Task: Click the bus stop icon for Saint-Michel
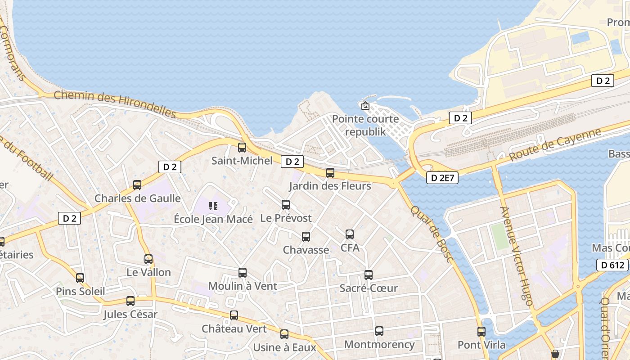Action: click(x=242, y=147)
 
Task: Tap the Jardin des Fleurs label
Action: click(x=330, y=186)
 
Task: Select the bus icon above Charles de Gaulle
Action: click(x=137, y=185)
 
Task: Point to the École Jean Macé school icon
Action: click(x=213, y=206)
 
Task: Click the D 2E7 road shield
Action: click(x=442, y=178)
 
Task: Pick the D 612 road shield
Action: click(x=613, y=265)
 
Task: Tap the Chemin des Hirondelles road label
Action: click(x=115, y=103)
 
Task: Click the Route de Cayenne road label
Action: click(x=555, y=145)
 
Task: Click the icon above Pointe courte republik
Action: click(x=365, y=106)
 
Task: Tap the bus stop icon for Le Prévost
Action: click(x=286, y=205)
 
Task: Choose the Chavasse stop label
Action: click(x=306, y=250)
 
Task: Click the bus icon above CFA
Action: click(x=350, y=234)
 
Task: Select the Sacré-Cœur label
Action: click(x=369, y=288)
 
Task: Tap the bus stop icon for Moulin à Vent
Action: click(x=243, y=272)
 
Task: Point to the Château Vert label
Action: click(x=234, y=328)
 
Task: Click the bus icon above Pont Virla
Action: click(x=481, y=332)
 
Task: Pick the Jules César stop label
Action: click(x=130, y=314)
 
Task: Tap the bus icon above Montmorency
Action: click(x=379, y=331)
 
